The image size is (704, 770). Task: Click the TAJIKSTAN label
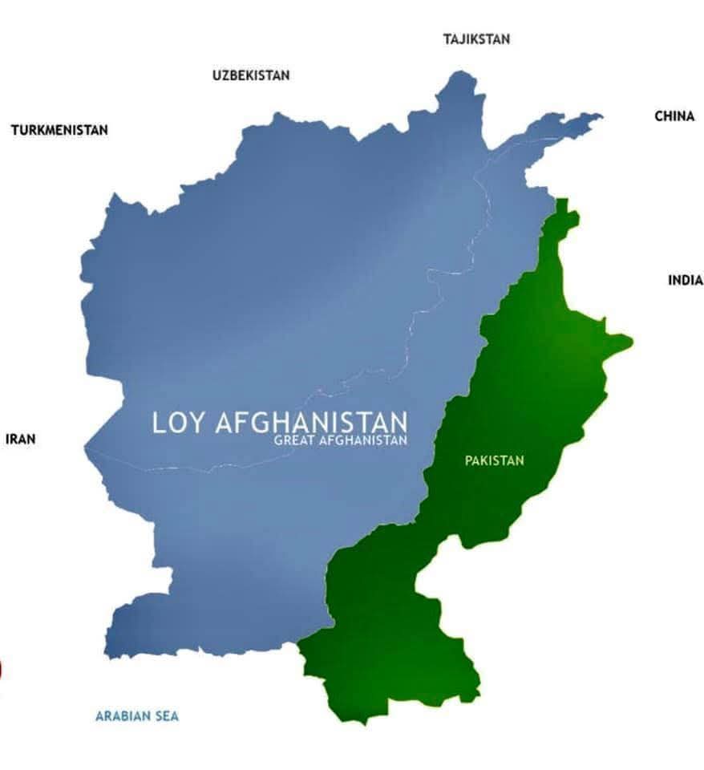pyautogui.click(x=475, y=38)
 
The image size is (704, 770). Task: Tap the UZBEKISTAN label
pyautogui.click(x=251, y=75)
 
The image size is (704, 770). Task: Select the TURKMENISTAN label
pyautogui.click(x=59, y=130)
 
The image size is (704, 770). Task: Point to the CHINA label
pyautogui.click(x=674, y=116)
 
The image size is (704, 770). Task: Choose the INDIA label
pyautogui.click(x=685, y=280)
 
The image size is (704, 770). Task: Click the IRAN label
pyautogui.click(x=21, y=439)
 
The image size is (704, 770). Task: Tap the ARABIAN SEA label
pyautogui.click(x=136, y=715)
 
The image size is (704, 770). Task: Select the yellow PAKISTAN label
pyautogui.click(x=494, y=460)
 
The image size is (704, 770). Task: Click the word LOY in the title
pyautogui.click(x=180, y=423)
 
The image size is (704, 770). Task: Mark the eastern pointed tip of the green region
pyautogui.click(x=629, y=343)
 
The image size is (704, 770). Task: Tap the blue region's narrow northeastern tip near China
pyautogui.click(x=598, y=116)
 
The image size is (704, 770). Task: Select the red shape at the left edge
pyautogui.click(x=2, y=668)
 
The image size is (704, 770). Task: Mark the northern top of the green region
pyautogui.click(x=563, y=201)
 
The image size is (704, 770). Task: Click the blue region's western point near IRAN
pyautogui.click(x=86, y=446)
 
